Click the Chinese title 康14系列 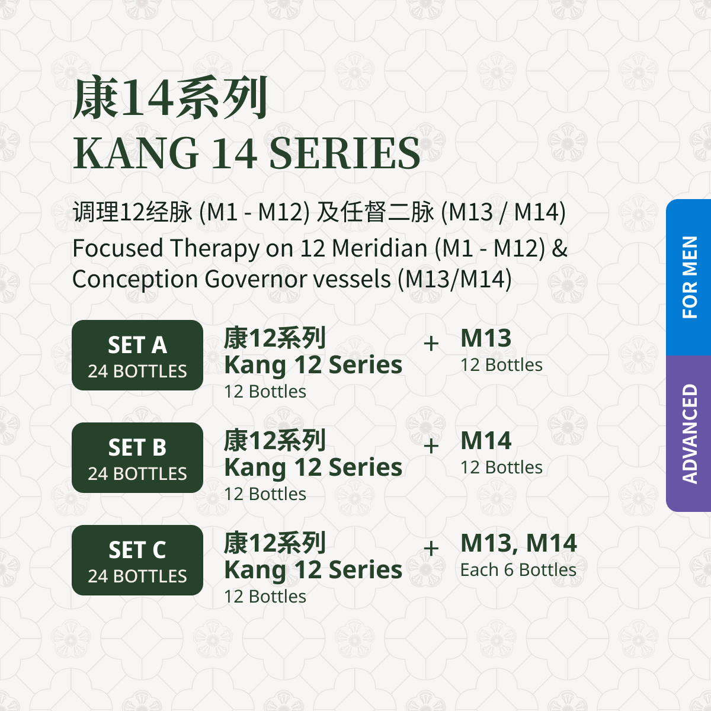[169, 98]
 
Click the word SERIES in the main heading [345, 153]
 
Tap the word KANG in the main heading [136, 153]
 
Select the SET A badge [137, 355]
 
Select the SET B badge [137, 457]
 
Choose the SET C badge [137, 560]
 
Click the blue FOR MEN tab [688, 277]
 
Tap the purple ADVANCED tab [688, 434]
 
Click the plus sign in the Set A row [431, 344]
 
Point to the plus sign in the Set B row [431, 446]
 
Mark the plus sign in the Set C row [431, 548]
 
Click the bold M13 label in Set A [486, 338]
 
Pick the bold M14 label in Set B [486, 440]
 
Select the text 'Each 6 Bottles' [518, 569]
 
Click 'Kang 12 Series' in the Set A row [313, 365]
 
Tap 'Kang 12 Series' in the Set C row [313, 570]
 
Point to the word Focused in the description [118, 248]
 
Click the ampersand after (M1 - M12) [559, 248]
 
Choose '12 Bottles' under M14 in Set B [501, 467]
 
